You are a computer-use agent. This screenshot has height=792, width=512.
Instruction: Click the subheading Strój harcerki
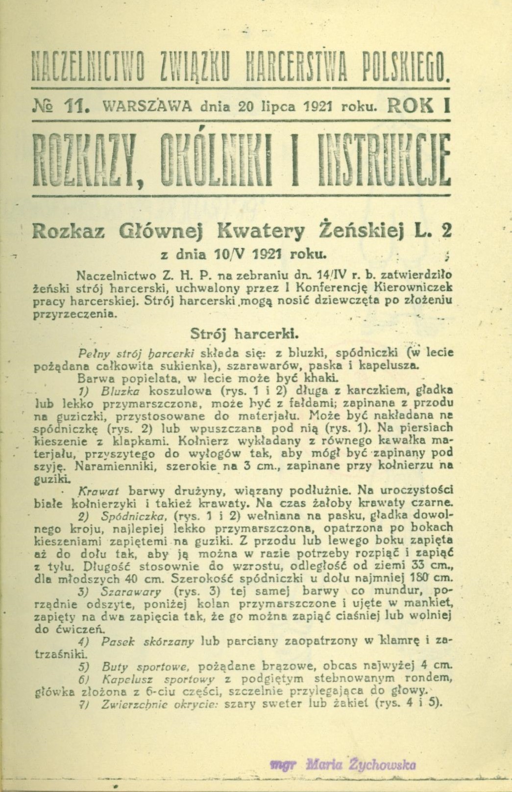[244, 334]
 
